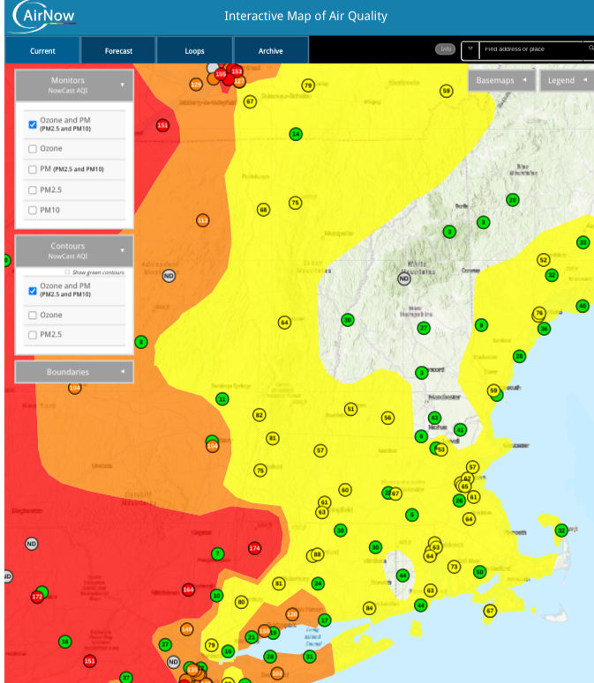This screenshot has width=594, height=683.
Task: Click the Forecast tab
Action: [118, 51]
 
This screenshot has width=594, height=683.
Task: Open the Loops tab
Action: [194, 51]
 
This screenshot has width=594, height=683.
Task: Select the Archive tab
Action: [270, 51]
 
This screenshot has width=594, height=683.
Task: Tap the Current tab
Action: [42, 51]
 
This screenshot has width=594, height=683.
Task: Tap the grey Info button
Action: [447, 49]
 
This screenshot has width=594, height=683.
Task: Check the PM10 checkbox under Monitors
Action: [33, 211]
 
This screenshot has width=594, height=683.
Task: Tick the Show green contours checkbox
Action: [67, 272]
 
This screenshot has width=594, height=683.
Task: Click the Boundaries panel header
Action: [74, 372]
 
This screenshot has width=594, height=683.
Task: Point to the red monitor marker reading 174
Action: [255, 548]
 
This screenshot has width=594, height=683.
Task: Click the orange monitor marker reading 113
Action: [202, 219]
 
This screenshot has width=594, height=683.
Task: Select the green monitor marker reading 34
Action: [296, 134]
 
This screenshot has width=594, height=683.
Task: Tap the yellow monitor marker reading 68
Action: [263, 210]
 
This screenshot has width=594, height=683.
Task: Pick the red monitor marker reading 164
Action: [188, 589]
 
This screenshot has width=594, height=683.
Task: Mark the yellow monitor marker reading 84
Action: [369, 608]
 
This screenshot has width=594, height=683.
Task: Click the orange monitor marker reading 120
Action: [292, 614]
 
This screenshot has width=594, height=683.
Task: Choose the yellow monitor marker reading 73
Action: [454, 567]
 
